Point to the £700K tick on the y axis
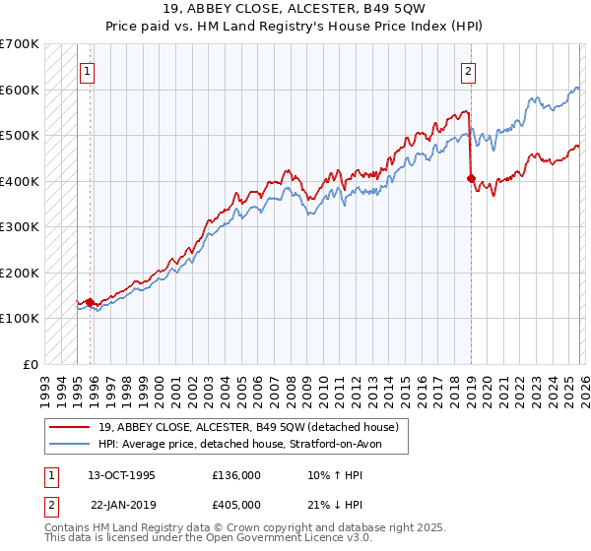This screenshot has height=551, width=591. (20, 44)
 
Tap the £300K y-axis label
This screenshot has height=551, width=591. (20, 227)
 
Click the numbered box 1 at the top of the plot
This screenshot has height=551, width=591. (88, 71)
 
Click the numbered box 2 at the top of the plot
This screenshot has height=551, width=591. (468, 71)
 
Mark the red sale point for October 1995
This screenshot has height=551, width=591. (90, 302)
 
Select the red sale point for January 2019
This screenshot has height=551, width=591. (471, 179)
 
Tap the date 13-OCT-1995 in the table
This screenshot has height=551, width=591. (121, 474)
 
